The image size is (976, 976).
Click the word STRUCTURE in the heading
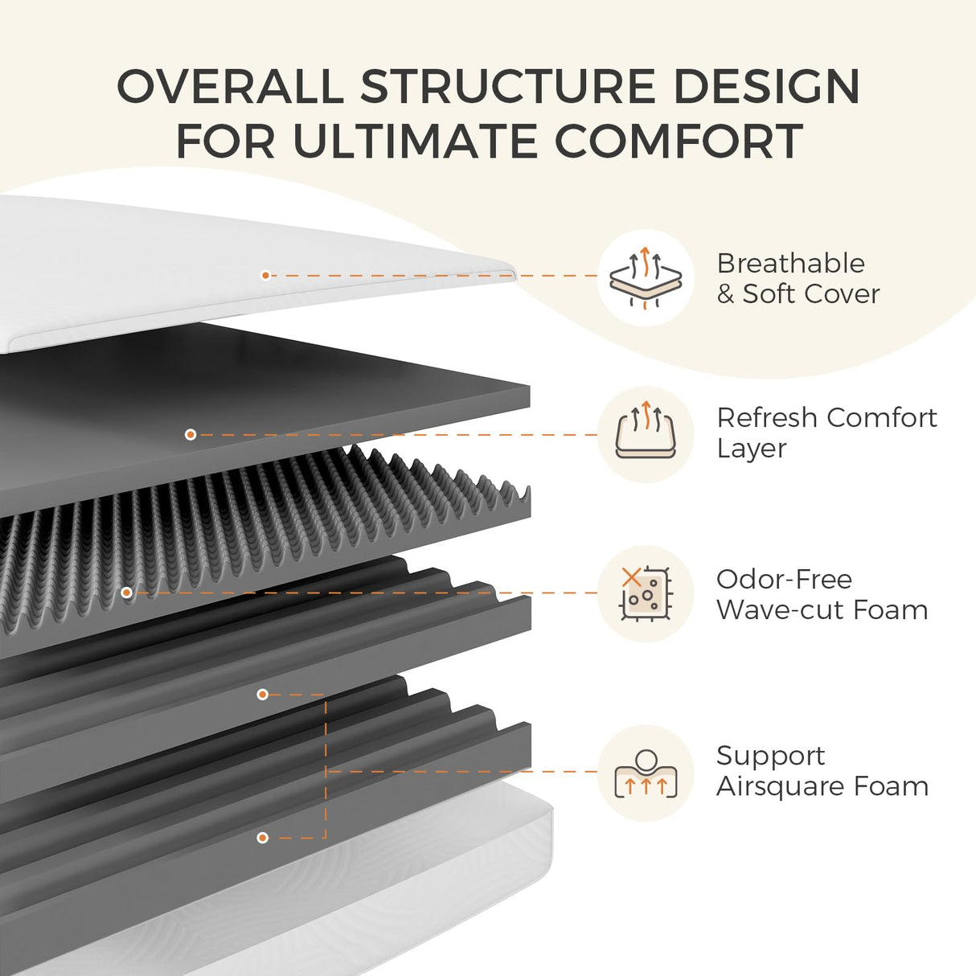point(509,86)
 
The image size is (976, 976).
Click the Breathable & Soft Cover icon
point(645,278)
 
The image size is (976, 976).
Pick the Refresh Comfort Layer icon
point(645,435)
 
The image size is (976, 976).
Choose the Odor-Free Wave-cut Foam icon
point(645,593)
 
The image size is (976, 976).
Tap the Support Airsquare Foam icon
point(645,773)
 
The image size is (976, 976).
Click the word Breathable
point(790,263)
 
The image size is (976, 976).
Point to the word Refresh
point(767,417)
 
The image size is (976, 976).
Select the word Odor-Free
point(784,579)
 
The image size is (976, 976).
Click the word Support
point(770,756)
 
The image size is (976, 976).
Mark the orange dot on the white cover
point(265,275)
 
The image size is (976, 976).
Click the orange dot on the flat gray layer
point(191,434)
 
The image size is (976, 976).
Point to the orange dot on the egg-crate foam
point(126,593)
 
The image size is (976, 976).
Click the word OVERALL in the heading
point(231,86)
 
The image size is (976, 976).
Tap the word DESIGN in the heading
point(766,86)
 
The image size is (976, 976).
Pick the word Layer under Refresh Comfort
point(751,449)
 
